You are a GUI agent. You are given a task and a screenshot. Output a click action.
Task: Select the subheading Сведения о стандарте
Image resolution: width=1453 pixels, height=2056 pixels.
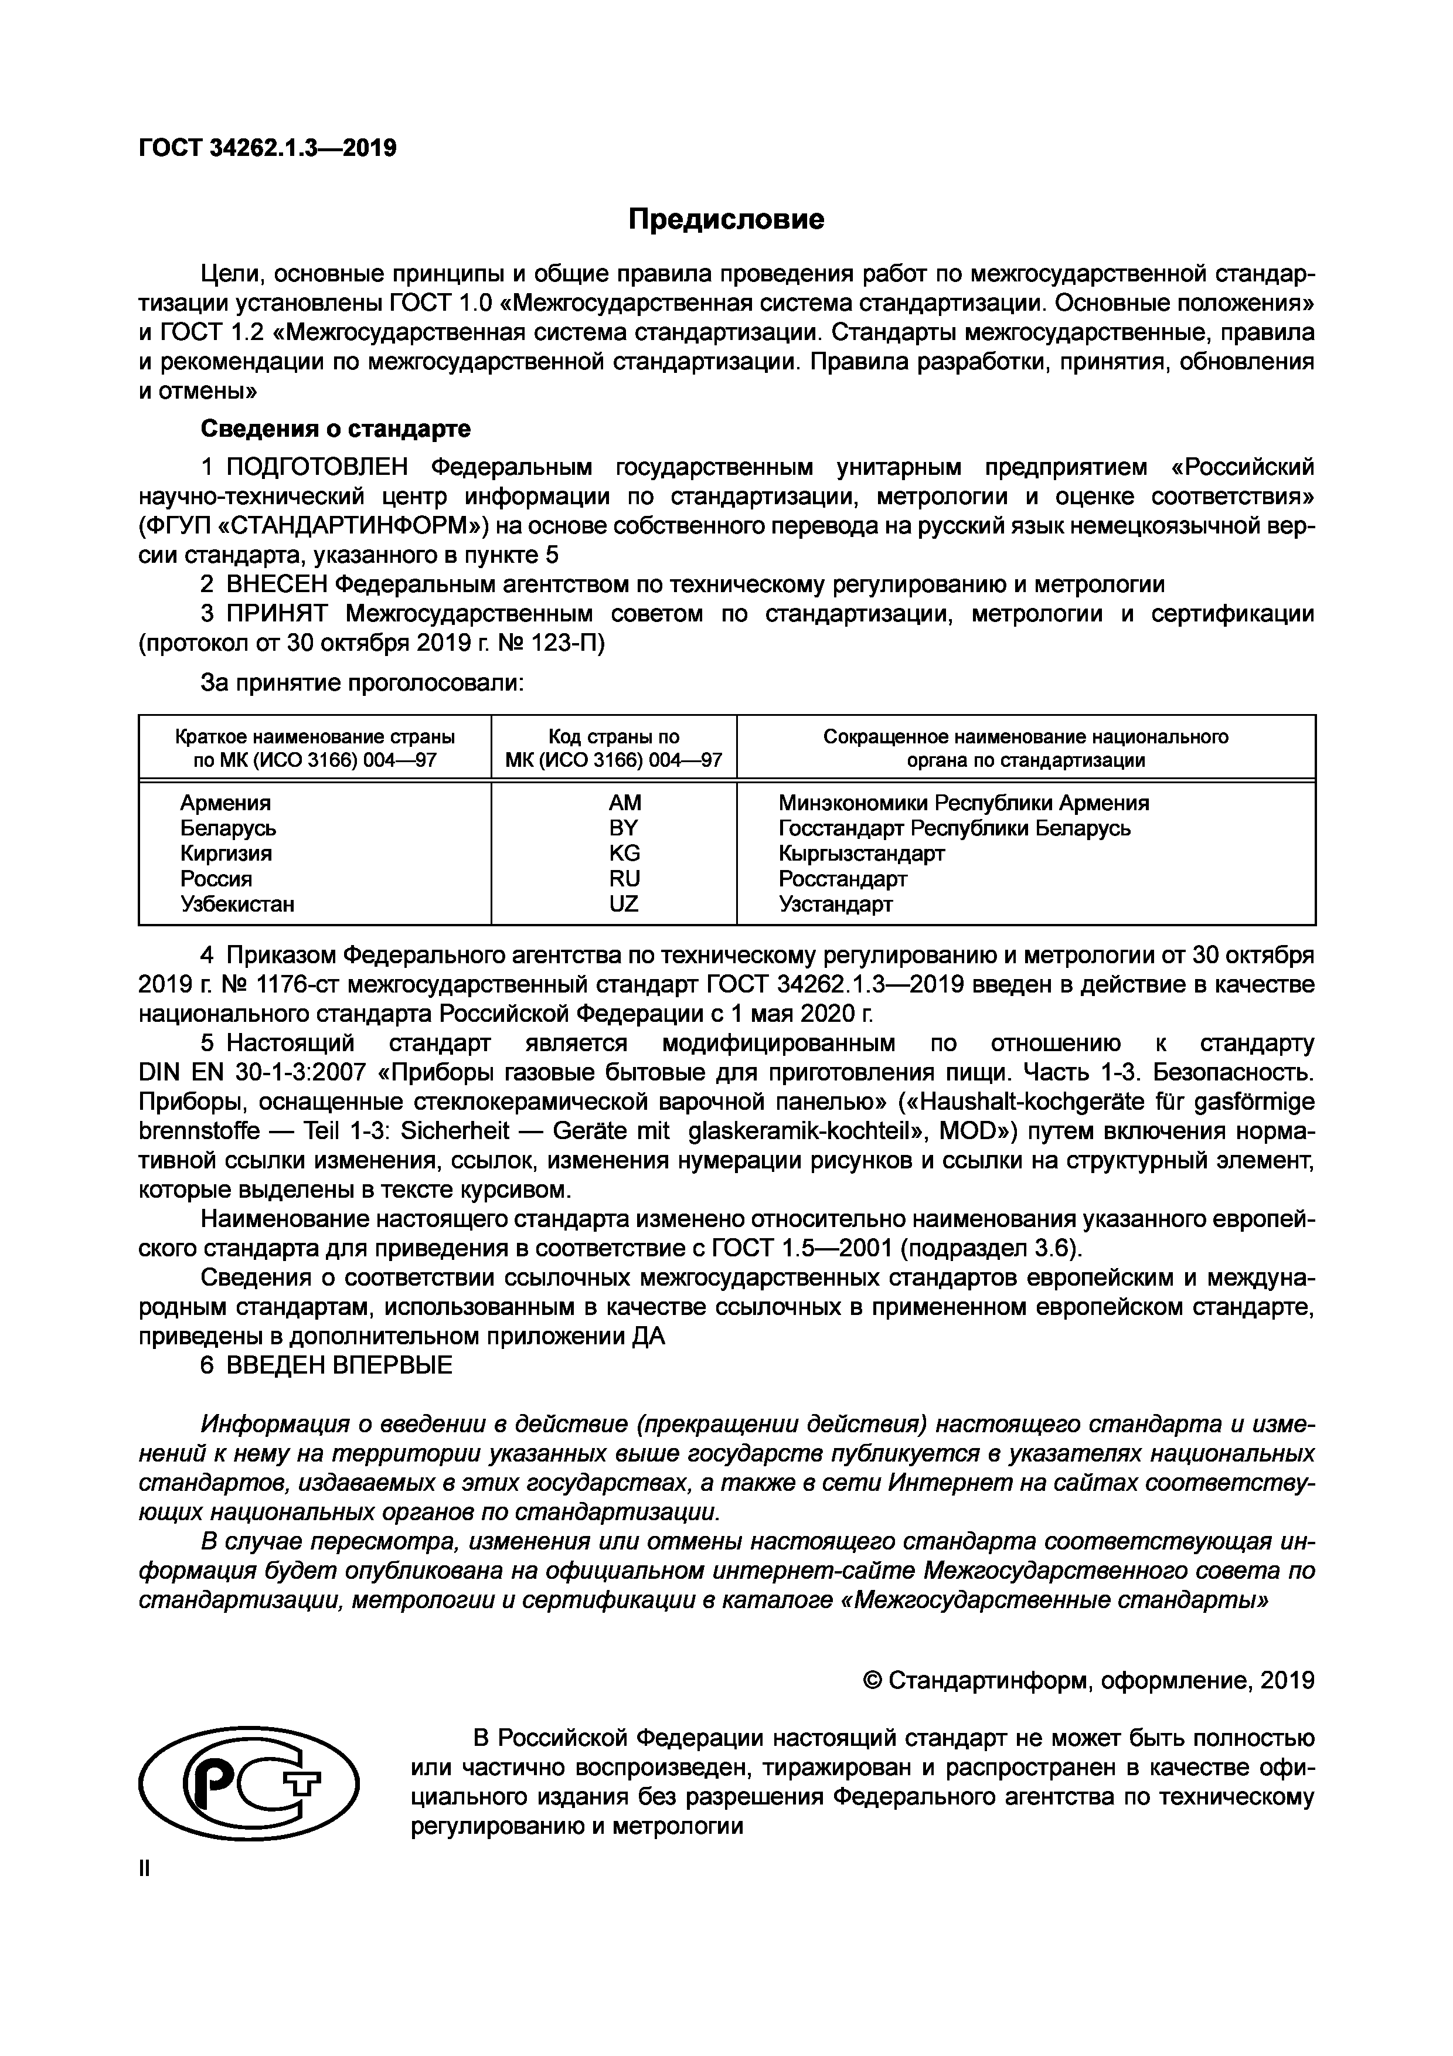pyautogui.click(x=335, y=429)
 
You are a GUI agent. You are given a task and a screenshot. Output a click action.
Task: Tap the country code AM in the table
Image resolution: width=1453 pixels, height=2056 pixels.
pyautogui.click(x=624, y=803)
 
